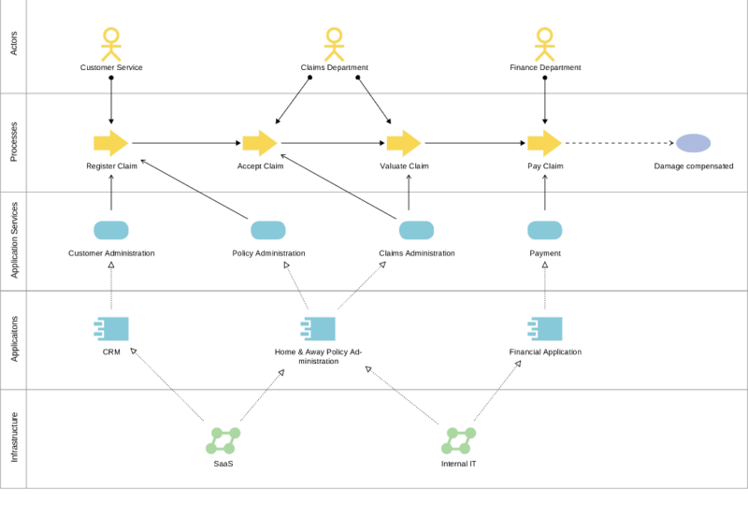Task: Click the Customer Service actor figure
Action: click(x=111, y=44)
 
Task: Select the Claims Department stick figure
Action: click(x=334, y=44)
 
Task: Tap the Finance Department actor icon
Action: click(x=545, y=44)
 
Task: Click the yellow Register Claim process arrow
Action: click(x=110, y=143)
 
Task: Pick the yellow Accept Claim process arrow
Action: click(x=260, y=143)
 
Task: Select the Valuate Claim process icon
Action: click(x=404, y=143)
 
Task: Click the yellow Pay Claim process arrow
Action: click(x=544, y=143)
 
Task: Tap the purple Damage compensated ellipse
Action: click(x=693, y=143)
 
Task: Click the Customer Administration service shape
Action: click(x=111, y=230)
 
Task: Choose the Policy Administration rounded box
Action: click(x=268, y=230)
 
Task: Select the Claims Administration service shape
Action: click(x=416, y=230)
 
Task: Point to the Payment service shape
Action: click(x=545, y=230)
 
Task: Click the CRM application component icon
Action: click(x=112, y=328)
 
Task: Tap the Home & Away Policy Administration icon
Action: click(x=318, y=328)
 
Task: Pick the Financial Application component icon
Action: click(x=545, y=328)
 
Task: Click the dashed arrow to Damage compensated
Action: click(x=617, y=143)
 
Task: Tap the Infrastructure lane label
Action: click(x=13, y=438)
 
